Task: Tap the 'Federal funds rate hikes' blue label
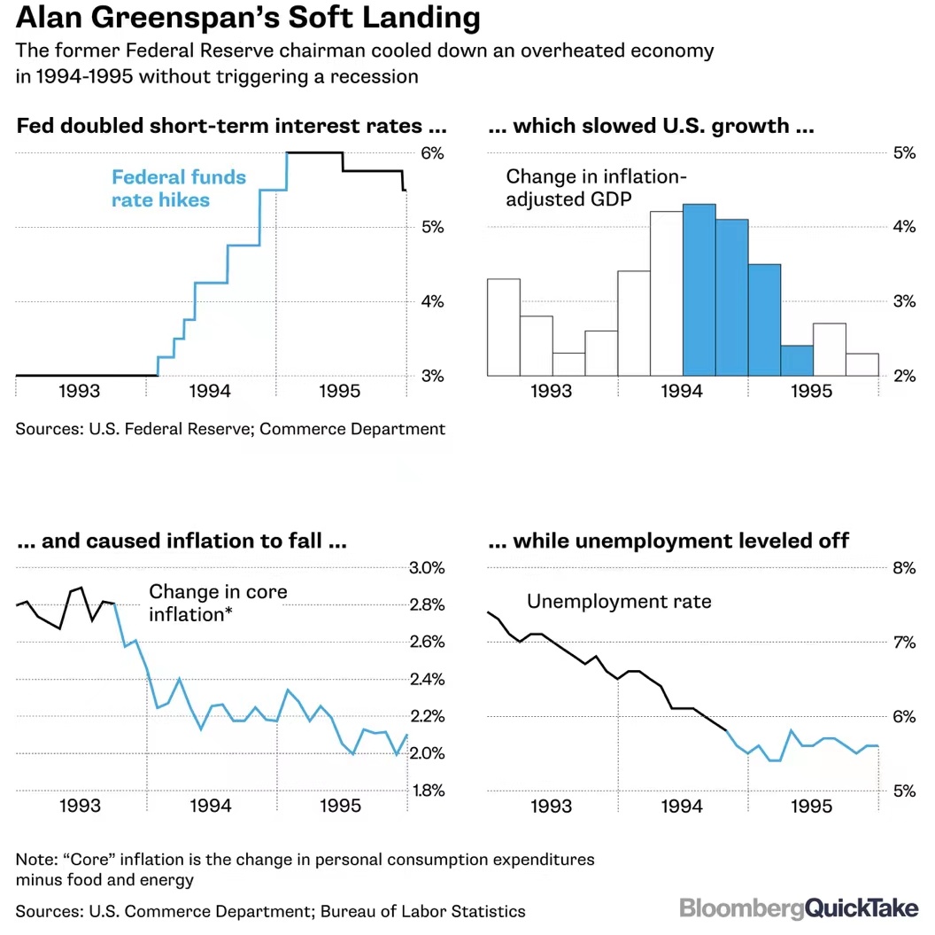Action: [178, 188]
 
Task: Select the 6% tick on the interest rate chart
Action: [431, 153]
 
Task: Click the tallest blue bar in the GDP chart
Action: [699, 290]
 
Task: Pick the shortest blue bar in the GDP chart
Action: [797, 361]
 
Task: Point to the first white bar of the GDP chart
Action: [504, 327]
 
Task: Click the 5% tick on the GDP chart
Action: [903, 153]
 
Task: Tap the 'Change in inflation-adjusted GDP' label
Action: [596, 188]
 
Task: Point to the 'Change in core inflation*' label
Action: [218, 602]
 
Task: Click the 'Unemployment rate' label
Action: [619, 602]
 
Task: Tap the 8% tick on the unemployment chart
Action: [903, 568]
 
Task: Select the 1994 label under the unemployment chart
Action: [681, 806]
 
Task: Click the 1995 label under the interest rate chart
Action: [341, 391]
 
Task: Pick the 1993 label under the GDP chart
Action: [552, 391]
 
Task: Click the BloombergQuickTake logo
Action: [799, 908]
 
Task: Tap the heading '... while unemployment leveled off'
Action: [668, 540]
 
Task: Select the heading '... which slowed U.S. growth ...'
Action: [651, 126]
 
